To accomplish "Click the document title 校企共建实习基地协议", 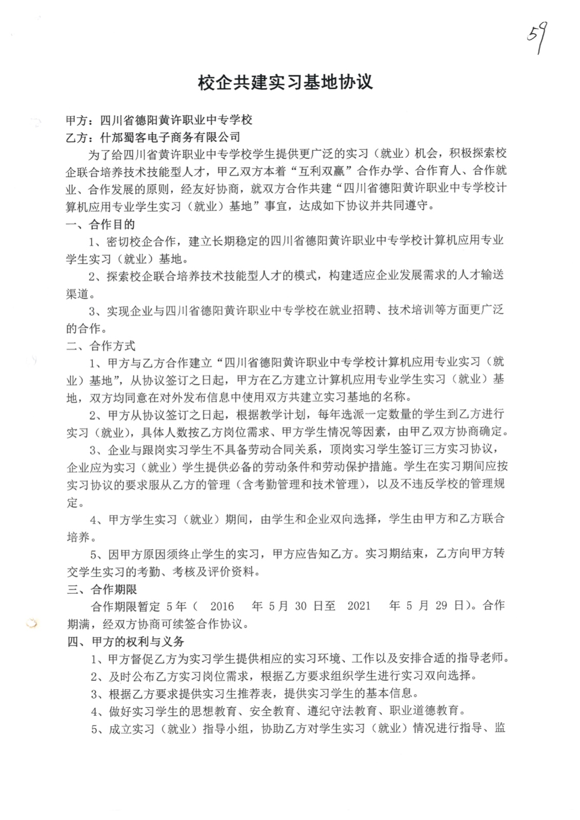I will coord(285,83).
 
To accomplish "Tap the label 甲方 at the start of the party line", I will coord(77,120).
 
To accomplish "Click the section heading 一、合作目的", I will coord(101,224).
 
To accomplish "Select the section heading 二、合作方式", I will coord(101,346).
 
